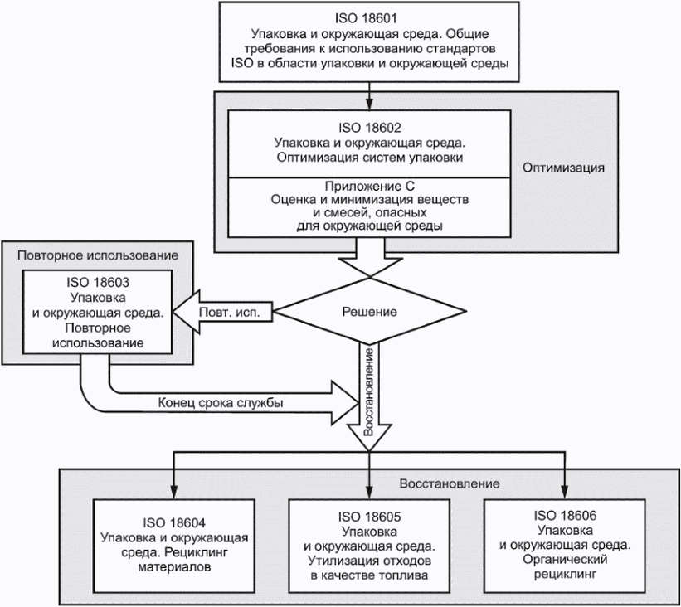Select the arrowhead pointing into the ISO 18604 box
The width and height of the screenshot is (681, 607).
tap(173, 494)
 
